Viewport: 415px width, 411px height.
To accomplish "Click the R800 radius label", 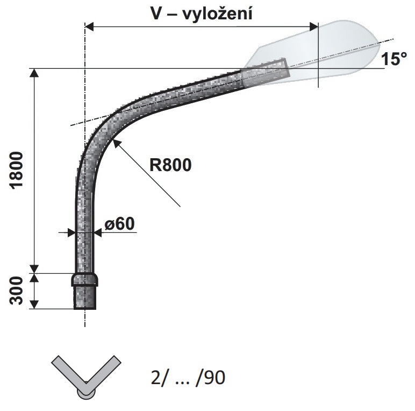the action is (170, 165).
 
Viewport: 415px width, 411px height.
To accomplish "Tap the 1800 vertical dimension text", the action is (17, 171).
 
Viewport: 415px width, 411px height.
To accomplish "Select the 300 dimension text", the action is (17, 290).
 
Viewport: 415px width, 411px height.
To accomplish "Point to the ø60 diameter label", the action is (120, 224).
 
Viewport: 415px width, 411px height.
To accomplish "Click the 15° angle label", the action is (394, 59).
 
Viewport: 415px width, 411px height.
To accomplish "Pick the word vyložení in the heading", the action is (217, 14).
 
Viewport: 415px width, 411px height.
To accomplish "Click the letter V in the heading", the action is (156, 13).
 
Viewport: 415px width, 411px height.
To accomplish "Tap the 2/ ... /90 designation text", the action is (188, 377).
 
